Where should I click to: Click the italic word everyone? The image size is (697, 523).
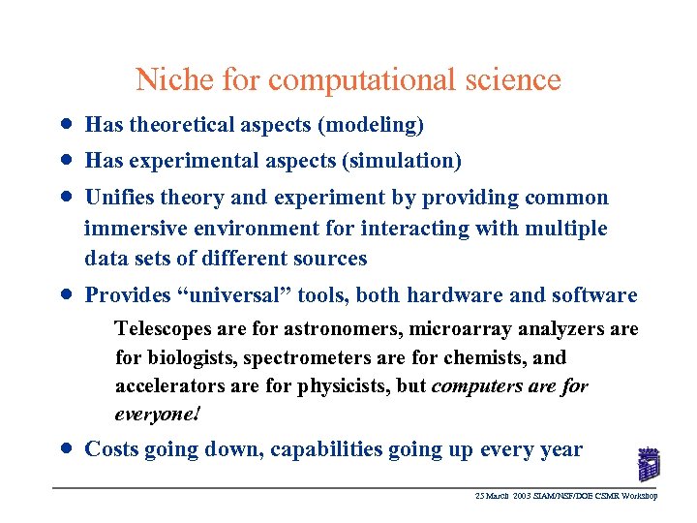158,414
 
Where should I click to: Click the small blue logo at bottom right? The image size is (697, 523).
650,465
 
